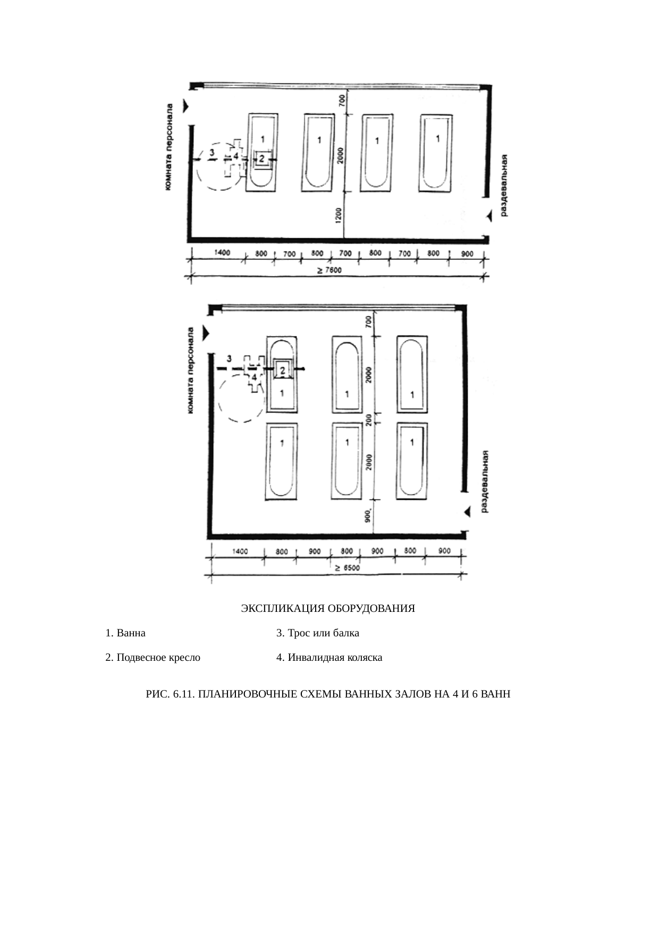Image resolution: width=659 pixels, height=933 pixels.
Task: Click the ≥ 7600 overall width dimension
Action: pyautogui.click(x=329, y=270)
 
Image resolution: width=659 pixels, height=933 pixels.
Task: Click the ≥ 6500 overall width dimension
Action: pyautogui.click(x=347, y=568)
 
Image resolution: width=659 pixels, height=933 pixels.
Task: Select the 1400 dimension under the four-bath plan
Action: pyautogui.click(x=222, y=253)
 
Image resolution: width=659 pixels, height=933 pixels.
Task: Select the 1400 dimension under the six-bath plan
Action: pyautogui.click(x=240, y=551)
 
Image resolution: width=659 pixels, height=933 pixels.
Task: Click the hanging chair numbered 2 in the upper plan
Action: pyautogui.click(x=261, y=159)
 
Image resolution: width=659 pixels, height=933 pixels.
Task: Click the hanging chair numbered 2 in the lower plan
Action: pyautogui.click(x=283, y=369)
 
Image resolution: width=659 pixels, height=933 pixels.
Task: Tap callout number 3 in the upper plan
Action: pyautogui.click(x=212, y=153)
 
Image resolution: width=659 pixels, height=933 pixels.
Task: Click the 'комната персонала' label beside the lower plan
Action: pyautogui.click(x=191, y=369)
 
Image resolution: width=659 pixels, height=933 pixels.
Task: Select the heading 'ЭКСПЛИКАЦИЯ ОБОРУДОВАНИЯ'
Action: pyautogui.click(x=328, y=608)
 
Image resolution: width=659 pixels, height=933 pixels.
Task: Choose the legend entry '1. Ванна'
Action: pyautogui.click(x=125, y=633)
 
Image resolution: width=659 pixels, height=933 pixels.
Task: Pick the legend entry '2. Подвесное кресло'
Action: pyautogui.click(x=153, y=657)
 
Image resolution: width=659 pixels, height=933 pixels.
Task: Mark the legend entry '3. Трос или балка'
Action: pyautogui.click(x=318, y=633)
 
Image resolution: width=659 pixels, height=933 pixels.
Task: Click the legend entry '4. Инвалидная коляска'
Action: pyautogui.click(x=329, y=657)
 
